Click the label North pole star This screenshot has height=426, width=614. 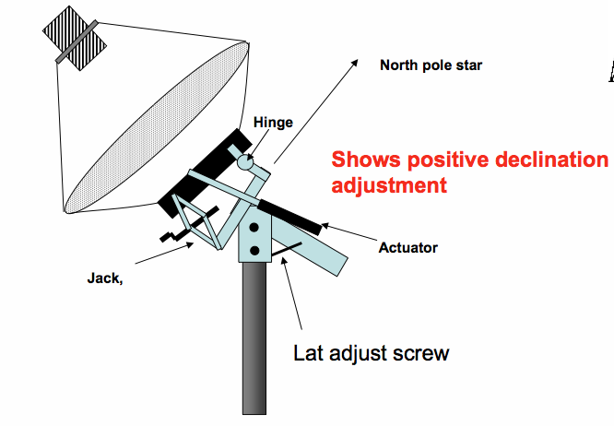(431, 65)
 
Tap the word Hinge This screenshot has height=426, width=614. (273, 123)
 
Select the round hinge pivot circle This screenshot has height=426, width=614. (245, 163)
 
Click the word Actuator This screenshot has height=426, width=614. (407, 247)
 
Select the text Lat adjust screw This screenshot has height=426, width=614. (371, 352)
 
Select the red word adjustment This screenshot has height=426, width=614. (389, 184)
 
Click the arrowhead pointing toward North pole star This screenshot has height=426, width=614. (353, 61)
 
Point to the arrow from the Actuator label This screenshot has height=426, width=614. (350, 235)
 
